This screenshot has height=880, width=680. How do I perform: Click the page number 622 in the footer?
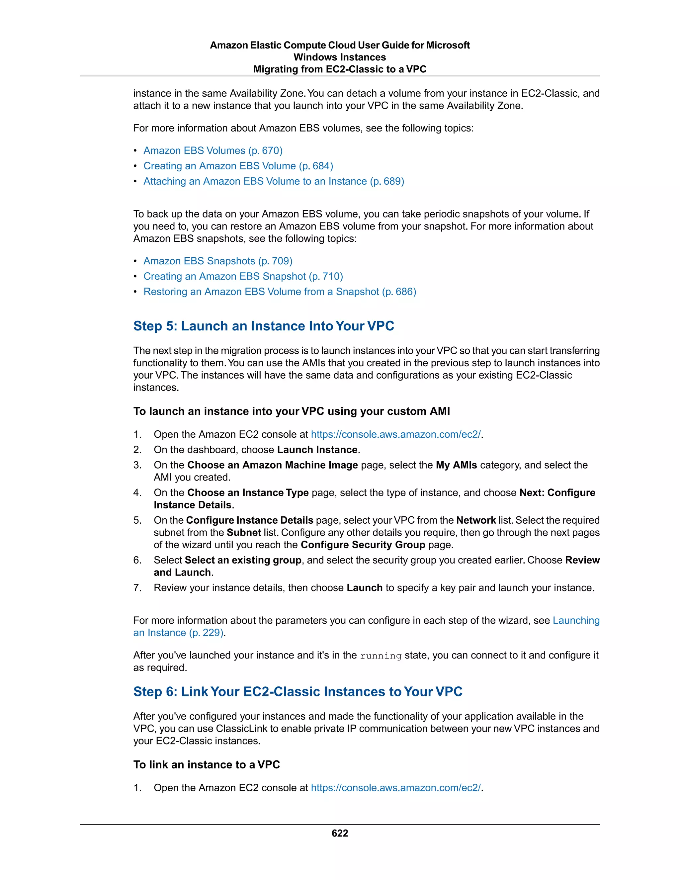340,833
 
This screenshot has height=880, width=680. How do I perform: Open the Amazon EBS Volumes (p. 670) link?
213,151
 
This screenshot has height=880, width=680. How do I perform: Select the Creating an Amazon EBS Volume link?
238,166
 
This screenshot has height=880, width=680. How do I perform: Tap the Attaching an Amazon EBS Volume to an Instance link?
274,181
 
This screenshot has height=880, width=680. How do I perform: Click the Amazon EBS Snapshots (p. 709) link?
217,261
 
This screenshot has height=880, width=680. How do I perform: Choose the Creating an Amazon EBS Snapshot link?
243,276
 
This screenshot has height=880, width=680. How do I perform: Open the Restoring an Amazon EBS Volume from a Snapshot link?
280,292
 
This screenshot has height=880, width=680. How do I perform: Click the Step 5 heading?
263,326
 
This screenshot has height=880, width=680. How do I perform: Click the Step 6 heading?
298,691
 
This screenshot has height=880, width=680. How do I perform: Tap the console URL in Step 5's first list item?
395,434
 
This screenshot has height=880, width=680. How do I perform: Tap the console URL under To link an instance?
395,788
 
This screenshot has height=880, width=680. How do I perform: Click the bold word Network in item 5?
476,520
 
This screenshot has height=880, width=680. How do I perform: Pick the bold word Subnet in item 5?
244,533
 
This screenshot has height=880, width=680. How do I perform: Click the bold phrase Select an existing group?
243,560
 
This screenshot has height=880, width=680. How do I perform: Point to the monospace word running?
381,656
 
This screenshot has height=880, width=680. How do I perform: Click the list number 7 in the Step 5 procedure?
137,588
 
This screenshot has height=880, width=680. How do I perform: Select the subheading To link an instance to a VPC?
206,765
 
